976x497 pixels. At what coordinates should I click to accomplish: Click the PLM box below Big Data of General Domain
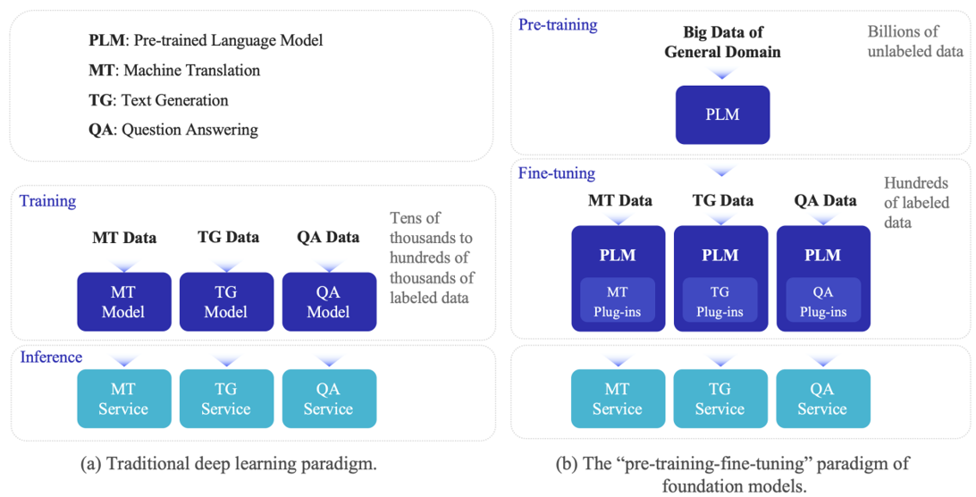[722, 114]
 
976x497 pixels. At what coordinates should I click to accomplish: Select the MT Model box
[124, 302]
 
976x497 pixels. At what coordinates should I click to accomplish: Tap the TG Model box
[226, 302]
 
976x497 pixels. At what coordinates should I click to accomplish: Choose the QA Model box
[329, 302]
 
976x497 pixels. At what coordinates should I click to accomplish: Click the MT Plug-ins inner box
[618, 300]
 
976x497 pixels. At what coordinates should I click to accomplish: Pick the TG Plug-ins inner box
[720, 300]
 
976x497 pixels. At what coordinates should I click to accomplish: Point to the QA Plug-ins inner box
[822, 300]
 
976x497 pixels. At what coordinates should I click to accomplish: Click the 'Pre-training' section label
[558, 25]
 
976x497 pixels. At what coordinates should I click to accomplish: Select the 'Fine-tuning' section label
[556, 173]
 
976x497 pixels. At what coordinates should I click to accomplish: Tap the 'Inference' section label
[51, 358]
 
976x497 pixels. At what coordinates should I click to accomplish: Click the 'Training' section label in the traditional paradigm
[47, 201]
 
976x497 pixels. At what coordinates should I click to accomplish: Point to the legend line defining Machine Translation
[174, 71]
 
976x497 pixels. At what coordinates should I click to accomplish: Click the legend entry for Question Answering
[173, 130]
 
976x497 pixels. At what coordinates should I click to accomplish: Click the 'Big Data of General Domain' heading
[722, 42]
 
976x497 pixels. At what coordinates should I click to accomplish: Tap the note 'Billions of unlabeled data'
[914, 42]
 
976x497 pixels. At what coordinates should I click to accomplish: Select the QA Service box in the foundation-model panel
[822, 399]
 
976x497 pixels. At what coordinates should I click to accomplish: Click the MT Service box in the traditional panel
[124, 399]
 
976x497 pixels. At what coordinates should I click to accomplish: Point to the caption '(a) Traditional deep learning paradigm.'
[228, 465]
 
